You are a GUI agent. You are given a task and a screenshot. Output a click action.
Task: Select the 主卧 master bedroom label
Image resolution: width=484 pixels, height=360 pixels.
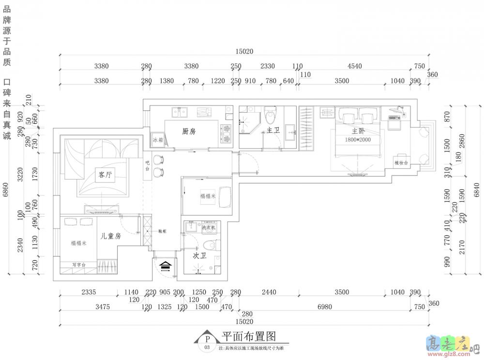(x=358, y=131)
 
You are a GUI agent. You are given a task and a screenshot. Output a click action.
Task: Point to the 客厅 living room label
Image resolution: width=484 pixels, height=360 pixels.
(x=105, y=175)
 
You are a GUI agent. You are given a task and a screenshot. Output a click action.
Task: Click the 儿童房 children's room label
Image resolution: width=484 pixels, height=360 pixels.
(x=110, y=236)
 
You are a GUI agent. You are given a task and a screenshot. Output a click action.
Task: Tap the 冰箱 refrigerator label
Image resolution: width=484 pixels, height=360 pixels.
(x=157, y=140)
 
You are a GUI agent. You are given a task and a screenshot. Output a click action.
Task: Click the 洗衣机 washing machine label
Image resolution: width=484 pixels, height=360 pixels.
(x=209, y=227)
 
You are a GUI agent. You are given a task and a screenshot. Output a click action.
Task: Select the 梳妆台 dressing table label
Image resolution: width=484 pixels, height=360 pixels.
(x=401, y=163)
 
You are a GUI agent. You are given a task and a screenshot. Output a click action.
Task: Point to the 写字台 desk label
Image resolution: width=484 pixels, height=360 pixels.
(x=78, y=265)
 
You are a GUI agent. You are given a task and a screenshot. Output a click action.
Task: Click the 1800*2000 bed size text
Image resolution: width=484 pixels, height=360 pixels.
(x=358, y=139)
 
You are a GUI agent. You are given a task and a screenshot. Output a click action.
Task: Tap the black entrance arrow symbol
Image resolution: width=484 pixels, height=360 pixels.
(x=166, y=266)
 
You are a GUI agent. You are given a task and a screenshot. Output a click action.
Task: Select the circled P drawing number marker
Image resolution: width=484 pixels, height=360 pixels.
(x=207, y=339)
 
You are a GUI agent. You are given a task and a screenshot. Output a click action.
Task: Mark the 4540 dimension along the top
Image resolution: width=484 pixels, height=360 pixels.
(x=354, y=66)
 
